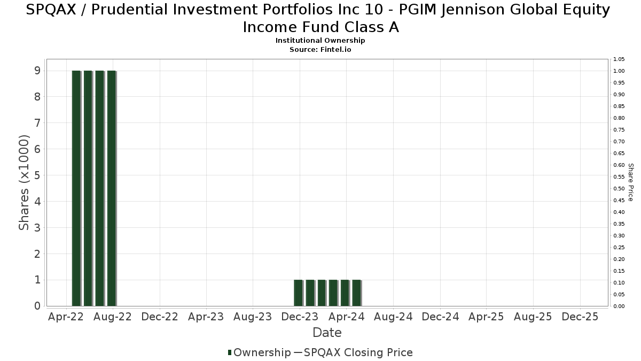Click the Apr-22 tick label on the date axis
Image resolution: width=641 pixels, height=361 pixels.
tap(66, 317)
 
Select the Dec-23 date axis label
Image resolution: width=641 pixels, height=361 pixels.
tap(300, 317)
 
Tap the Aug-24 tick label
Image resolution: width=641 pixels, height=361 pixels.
tap(394, 317)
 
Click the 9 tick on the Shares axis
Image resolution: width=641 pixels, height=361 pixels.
tap(37, 71)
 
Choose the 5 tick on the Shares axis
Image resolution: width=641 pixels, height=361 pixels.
tap(37, 175)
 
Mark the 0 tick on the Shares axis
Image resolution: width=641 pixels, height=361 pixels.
tap(37, 306)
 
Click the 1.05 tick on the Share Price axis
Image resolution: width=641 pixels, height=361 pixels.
tap(619, 59)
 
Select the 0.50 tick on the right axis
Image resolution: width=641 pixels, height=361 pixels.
tap(619, 189)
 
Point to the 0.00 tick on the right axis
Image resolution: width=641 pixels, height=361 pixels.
tap(619, 306)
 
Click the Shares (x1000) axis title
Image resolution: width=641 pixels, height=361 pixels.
tap(24, 183)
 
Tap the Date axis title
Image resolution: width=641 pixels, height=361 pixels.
tap(327, 333)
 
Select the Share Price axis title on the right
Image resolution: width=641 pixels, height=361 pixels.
tap(630, 182)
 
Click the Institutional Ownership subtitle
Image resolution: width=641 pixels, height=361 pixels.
tap(320, 41)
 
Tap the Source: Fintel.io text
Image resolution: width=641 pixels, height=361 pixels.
tap(320, 49)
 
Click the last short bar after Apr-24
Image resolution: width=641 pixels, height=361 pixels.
tap(357, 293)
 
